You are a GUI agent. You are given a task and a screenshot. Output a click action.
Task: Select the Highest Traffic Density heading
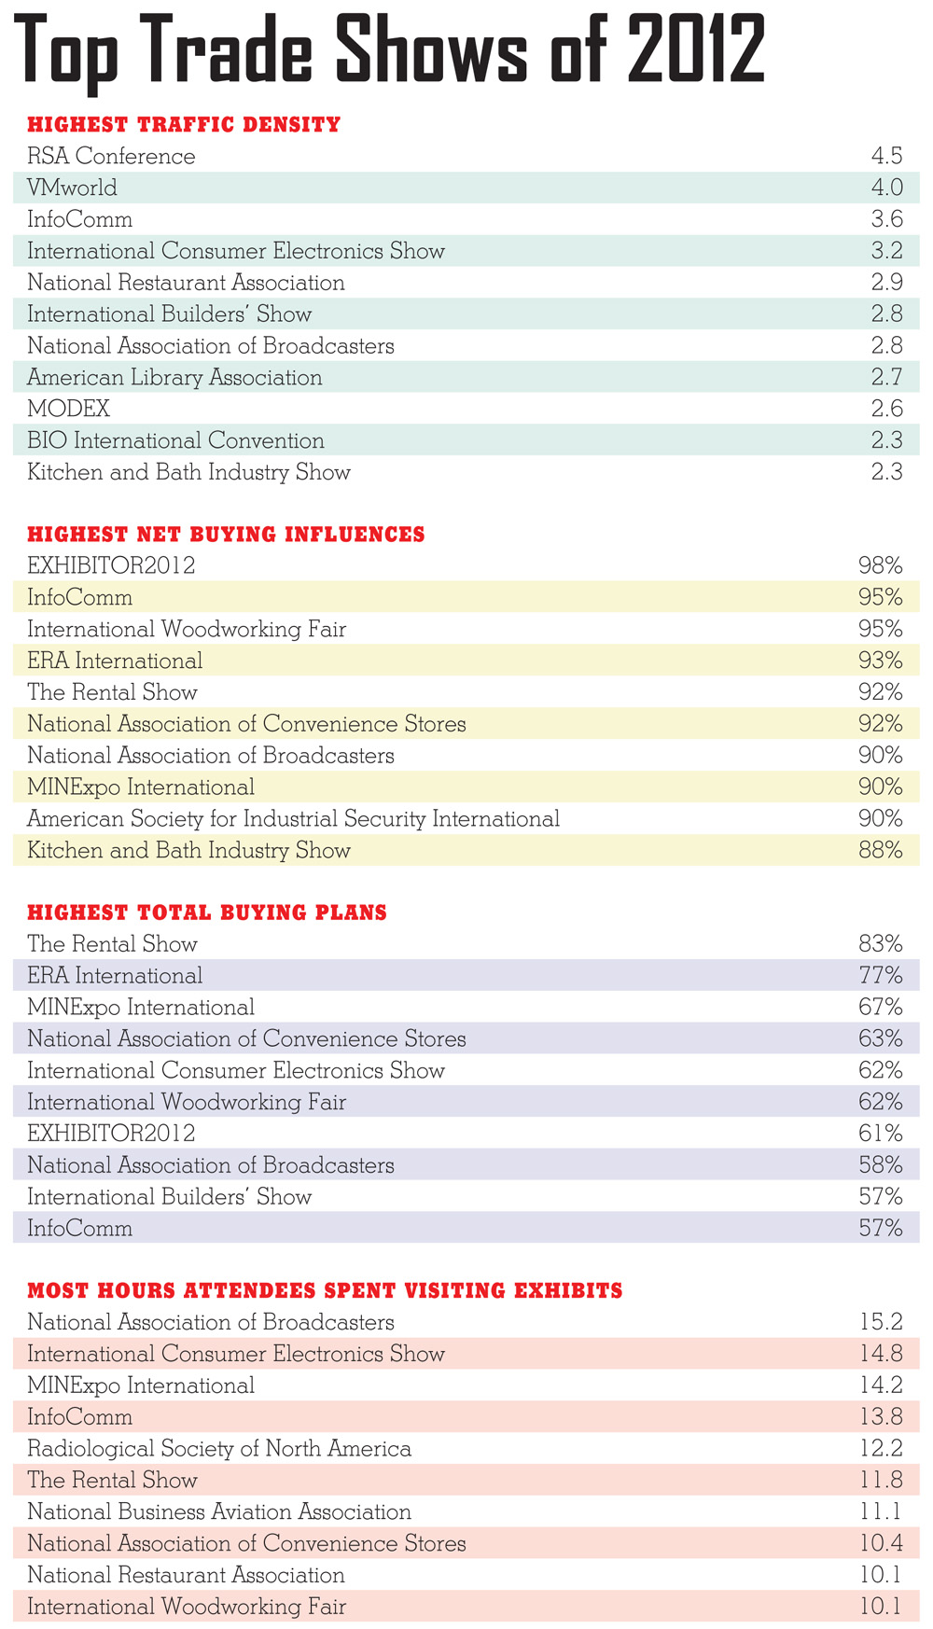(184, 124)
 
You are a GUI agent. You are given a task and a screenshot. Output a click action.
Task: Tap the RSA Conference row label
(111, 156)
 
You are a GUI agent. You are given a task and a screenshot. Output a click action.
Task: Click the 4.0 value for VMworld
(886, 188)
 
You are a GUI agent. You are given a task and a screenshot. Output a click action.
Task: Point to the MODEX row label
(68, 409)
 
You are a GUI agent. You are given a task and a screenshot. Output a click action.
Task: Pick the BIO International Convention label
(175, 440)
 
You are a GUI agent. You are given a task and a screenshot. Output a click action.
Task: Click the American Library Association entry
(174, 377)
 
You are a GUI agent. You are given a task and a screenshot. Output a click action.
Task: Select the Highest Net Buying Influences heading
(226, 535)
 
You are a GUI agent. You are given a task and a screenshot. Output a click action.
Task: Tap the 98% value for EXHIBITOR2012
(881, 565)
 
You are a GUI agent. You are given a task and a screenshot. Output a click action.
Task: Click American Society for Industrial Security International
(293, 818)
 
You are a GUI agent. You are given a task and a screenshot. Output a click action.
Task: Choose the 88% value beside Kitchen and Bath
(881, 850)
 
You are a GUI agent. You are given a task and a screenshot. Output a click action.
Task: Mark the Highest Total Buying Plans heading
(207, 912)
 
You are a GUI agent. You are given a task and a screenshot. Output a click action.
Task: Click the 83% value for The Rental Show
(881, 944)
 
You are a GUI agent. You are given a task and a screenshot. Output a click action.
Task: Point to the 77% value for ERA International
(881, 976)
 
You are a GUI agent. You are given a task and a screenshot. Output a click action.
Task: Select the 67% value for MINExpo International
(881, 1008)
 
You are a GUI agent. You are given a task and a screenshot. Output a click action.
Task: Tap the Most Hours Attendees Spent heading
(325, 1291)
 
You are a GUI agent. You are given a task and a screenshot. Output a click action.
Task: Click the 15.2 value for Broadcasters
(882, 1322)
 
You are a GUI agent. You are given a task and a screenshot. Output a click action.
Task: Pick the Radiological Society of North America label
(219, 1448)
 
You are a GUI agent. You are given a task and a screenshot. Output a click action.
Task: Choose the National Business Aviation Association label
(219, 1511)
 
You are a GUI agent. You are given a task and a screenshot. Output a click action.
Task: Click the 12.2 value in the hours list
(882, 1448)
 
